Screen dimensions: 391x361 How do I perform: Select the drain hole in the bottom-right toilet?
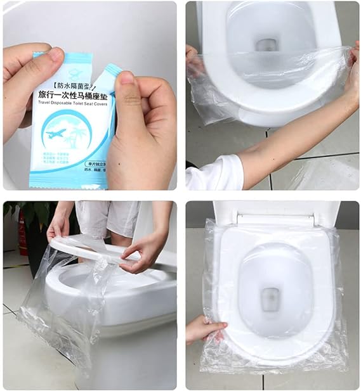click(271, 295)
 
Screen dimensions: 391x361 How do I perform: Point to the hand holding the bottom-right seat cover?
click(205, 330)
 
